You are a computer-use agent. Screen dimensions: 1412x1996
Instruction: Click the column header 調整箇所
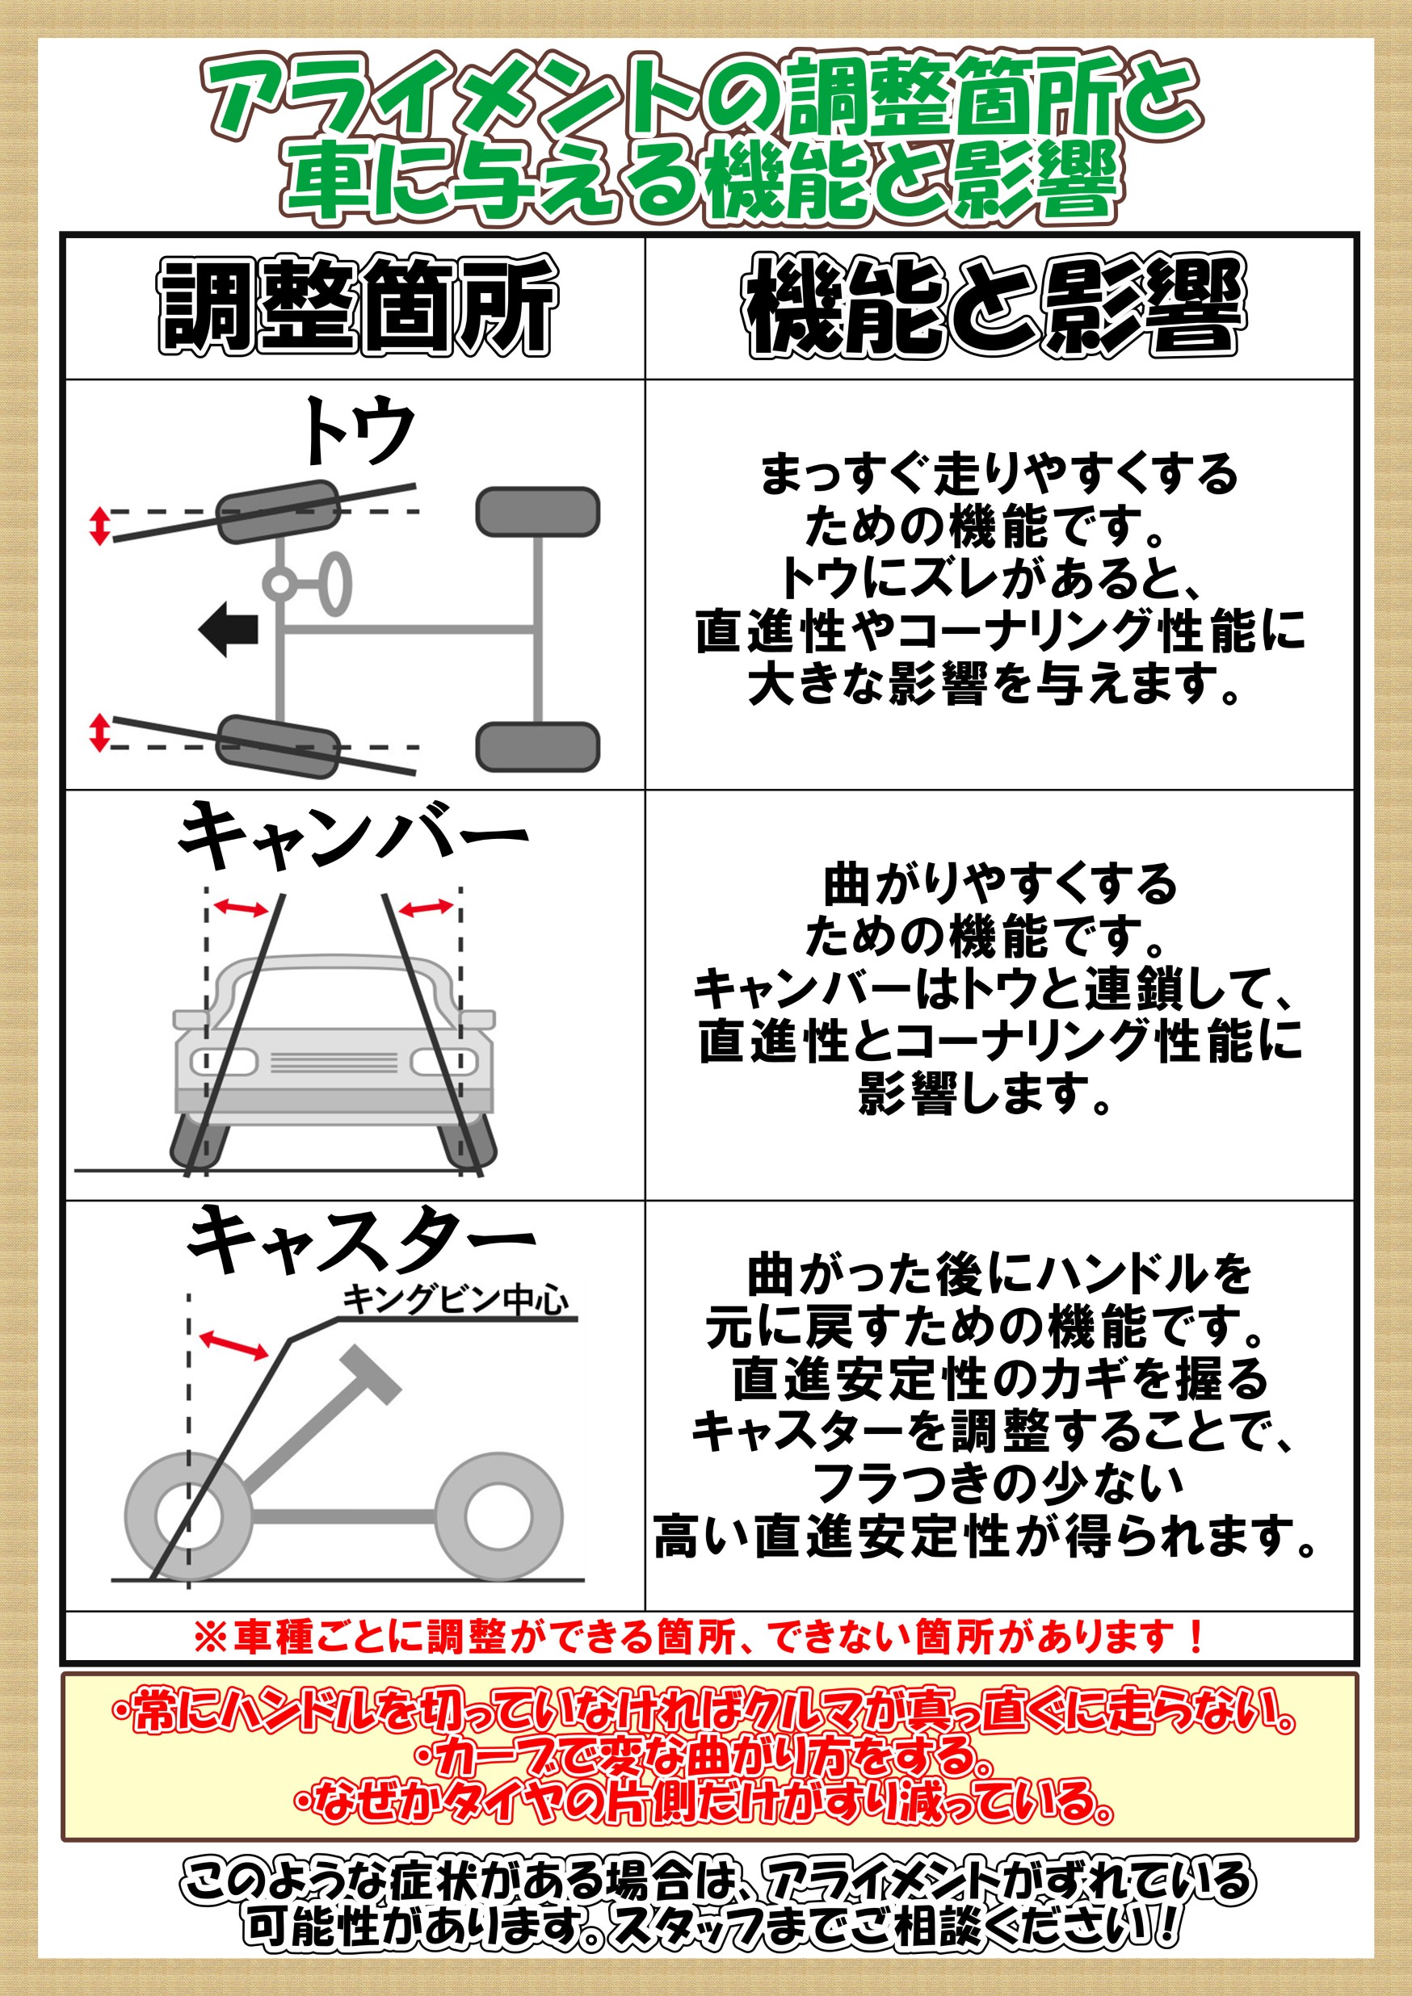(x=357, y=305)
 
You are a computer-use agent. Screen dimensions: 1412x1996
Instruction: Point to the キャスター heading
(x=361, y=1239)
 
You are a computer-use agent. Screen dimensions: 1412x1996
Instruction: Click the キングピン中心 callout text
(x=456, y=1300)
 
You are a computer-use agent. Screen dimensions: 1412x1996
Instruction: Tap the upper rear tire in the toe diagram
(x=538, y=512)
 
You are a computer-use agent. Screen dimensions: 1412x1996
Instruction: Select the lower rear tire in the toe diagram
(x=538, y=747)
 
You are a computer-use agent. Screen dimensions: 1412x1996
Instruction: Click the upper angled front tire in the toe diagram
(x=277, y=511)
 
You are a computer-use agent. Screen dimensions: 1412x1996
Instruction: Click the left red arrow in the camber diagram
(x=242, y=908)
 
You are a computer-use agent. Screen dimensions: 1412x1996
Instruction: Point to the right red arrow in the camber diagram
(x=426, y=908)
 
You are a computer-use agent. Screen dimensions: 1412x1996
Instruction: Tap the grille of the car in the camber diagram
(x=334, y=1062)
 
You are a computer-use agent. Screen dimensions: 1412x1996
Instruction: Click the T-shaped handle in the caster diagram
(x=372, y=1374)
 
